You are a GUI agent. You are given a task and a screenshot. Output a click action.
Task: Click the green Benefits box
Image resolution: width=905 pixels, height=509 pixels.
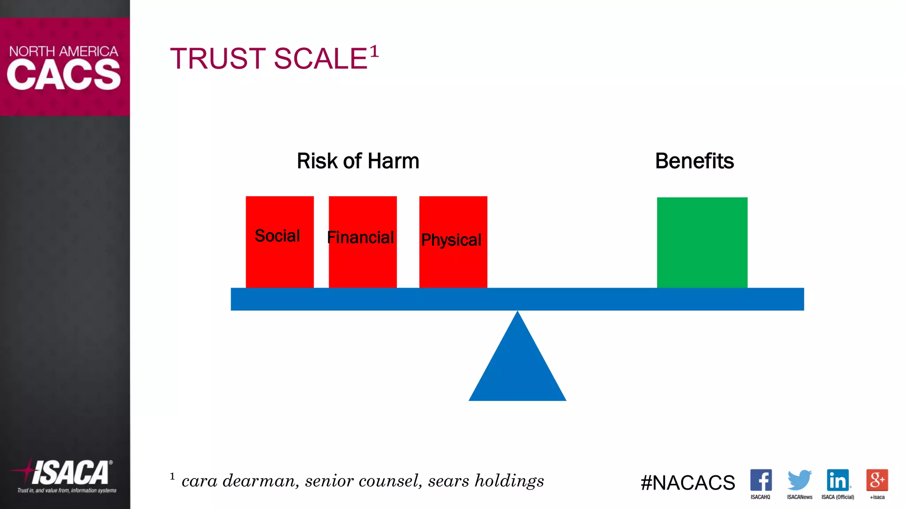702,243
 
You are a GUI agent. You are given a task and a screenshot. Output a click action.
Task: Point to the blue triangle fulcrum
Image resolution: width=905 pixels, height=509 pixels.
517,367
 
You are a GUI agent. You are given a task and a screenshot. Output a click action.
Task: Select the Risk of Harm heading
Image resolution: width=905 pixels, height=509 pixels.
358,161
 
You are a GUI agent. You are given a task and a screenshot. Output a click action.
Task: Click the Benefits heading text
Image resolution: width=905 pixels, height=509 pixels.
694,161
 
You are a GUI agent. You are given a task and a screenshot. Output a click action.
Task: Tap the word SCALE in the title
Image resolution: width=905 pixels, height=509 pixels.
321,59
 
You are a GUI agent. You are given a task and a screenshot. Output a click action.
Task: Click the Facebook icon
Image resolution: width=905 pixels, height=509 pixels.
761,480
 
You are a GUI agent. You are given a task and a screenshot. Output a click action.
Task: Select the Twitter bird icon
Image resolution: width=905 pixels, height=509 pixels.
799,480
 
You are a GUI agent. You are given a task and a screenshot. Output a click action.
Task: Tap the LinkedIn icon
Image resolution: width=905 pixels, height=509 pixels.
838,480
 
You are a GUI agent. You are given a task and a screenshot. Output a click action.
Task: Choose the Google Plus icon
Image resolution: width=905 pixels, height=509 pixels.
877,480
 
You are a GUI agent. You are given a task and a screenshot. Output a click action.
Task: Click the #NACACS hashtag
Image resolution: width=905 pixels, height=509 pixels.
688,482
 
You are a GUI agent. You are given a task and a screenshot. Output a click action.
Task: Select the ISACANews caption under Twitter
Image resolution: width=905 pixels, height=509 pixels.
799,497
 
